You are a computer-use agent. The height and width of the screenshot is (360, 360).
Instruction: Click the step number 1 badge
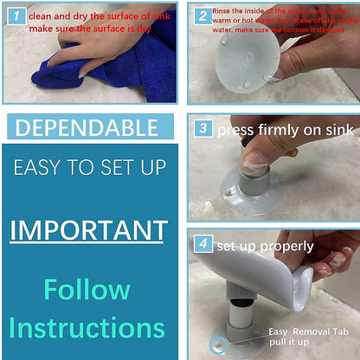point(16,16)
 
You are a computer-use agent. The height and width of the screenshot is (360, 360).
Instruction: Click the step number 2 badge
point(202,16)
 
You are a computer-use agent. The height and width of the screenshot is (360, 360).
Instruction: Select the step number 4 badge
point(202,245)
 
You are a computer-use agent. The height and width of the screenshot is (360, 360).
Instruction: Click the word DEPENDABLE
point(87,128)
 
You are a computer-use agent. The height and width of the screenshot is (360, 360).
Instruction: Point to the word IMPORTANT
point(88,230)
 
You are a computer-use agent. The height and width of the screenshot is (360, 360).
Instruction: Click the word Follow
point(87,288)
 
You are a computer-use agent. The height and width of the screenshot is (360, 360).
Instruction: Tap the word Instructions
point(87,328)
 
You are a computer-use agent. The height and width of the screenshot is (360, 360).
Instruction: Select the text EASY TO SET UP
point(87,167)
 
